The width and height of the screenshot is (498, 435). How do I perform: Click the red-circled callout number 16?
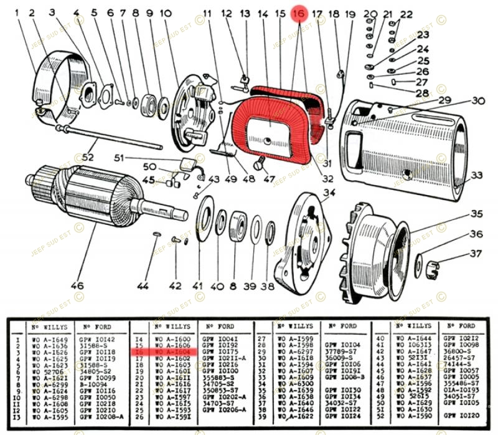[299, 13]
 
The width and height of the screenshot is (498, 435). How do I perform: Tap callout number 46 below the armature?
[77, 286]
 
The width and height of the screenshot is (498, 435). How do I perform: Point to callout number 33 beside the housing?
[477, 175]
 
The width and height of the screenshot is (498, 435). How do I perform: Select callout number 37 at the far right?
[476, 254]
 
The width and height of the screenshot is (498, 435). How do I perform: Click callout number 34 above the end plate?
[329, 192]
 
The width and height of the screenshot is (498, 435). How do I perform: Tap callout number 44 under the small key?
[143, 286]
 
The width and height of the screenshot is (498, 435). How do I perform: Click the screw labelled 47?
[261, 163]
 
